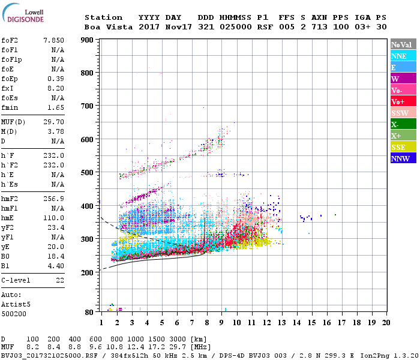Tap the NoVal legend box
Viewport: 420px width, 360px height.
(402, 44)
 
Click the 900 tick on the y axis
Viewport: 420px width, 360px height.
(88, 40)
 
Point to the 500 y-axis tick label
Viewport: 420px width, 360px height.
(88, 173)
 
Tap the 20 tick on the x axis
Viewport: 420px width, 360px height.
(386, 322)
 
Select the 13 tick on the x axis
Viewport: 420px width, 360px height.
(282, 322)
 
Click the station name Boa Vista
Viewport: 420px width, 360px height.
(106, 27)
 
